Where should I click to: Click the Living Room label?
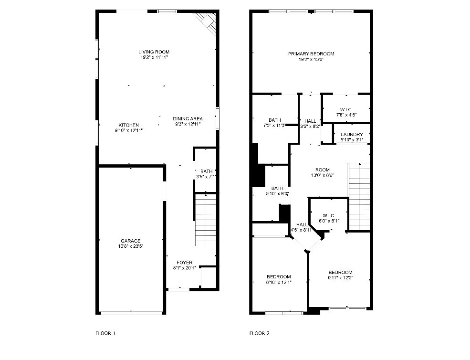[x=154, y=52]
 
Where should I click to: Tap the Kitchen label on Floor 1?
[x=129, y=125]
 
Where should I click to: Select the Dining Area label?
[x=188, y=118]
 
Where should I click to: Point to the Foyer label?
[x=184, y=263]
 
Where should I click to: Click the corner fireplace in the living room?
[x=208, y=21]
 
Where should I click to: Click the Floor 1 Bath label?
[x=206, y=171]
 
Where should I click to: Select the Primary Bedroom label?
[x=311, y=53]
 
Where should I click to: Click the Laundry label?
[x=352, y=134]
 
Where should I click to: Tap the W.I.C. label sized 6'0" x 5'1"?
[x=329, y=215]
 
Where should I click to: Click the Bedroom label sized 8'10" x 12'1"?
[x=279, y=276]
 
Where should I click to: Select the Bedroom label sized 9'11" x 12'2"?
[x=340, y=272]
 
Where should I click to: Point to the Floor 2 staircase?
[x=359, y=196]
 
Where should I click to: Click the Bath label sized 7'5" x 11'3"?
[x=275, y=120]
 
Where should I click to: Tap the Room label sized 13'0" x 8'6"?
[x=323, y=169]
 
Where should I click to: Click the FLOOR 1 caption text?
[x=105, y=333]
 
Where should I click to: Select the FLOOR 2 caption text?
[x=260, y=333]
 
